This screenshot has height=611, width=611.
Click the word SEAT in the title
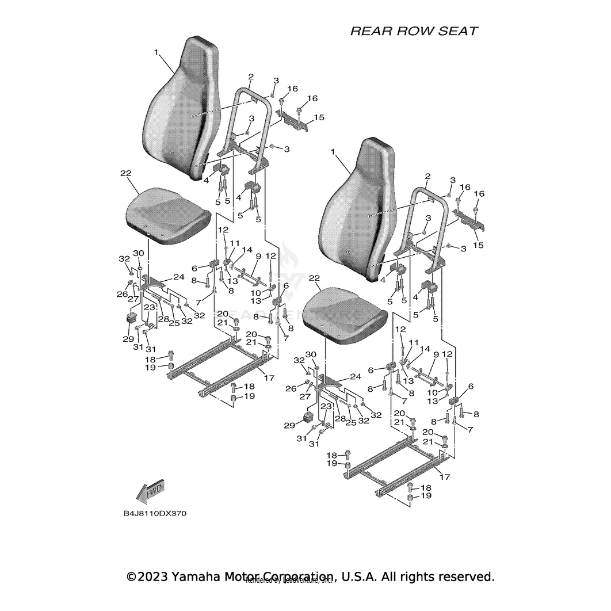tap(457, 31)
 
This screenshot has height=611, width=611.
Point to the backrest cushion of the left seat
tap(178, 109)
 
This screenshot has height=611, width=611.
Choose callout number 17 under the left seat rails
tap(268, 377)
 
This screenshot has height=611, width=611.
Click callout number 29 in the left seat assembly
tap(128, 339)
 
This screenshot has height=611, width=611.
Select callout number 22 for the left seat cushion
tap(126, 173)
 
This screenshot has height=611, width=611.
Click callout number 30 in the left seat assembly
tap(139, 253)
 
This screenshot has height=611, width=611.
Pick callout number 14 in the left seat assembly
tap(247, 250)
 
